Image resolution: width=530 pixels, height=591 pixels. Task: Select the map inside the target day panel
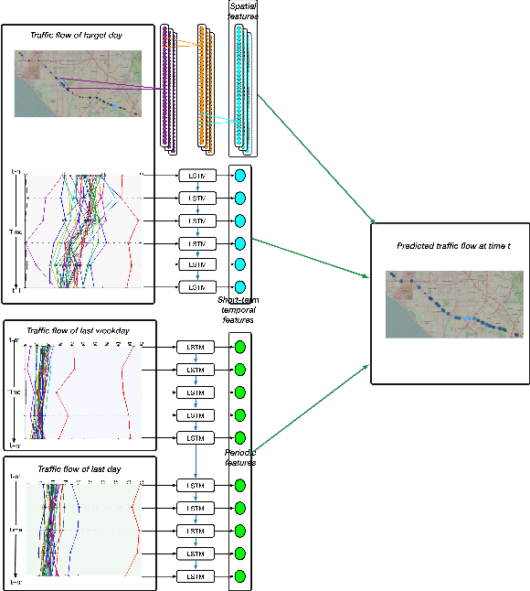tap(78, 83)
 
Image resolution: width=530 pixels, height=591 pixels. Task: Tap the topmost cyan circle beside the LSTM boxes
tap(240, 176)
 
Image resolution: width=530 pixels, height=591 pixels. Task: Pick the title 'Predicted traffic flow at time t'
tap(448, 246)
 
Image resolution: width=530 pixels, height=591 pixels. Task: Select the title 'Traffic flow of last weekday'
tap(78, 330)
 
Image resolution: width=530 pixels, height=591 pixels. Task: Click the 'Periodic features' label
tap(240, 457)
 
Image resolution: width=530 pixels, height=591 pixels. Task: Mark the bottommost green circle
tap(240, 576)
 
